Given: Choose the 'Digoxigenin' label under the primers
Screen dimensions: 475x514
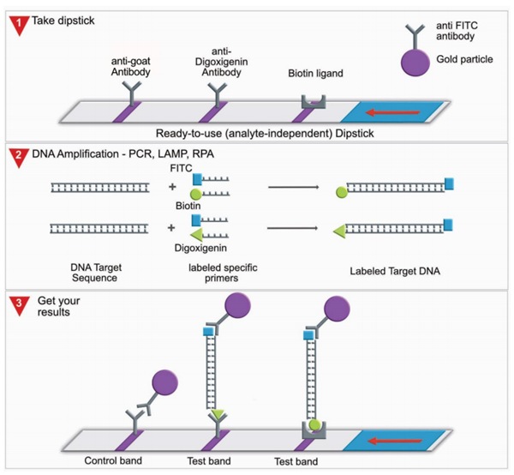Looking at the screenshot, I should click(x=195, y=244).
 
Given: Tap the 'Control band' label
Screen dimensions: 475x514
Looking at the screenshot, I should click(x=113, y=462).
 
